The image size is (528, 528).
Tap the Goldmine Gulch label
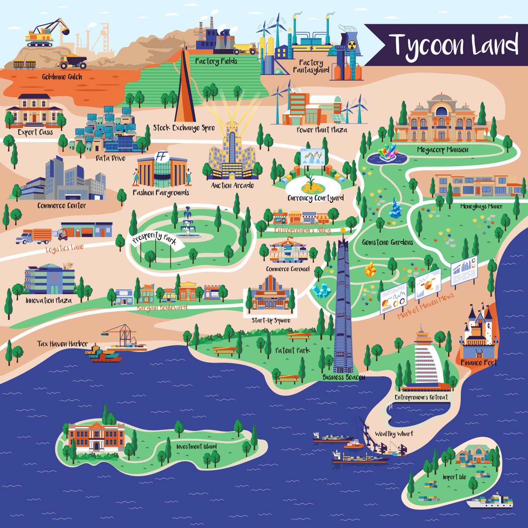62,77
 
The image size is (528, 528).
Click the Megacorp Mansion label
443,150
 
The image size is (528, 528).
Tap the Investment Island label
196,446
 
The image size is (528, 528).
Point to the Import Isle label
455,477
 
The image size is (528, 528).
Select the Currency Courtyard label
315,198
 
